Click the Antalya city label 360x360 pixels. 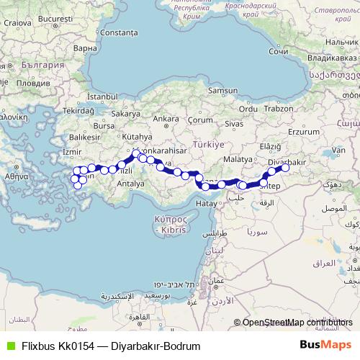tap(131, 183)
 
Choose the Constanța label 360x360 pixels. tap(119, 33)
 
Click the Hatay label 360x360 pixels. tap(206, 204)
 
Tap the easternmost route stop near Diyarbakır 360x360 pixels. tap(285, 168)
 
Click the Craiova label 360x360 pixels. tap(17, 22)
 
